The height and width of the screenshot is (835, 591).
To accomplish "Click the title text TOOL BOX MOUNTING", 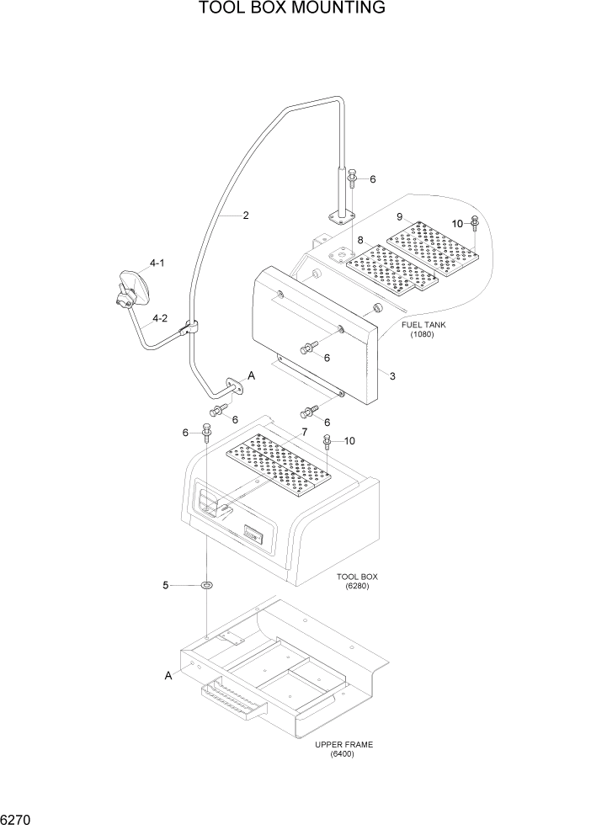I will pyautogui.click(x=292, y=8).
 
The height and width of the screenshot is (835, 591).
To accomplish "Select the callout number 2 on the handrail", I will pyautogui.click(x=245, y=215).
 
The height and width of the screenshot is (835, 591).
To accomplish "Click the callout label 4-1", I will pyautogui.click(x=157, y=263).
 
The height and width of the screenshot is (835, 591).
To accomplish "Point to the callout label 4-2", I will pyautogui.click(x=159, y=318).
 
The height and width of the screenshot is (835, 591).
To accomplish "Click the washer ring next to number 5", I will pyautogui.click(x=206, y=585).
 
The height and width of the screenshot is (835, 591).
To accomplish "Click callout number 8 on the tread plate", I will pyautogui.click(x=360, y=241).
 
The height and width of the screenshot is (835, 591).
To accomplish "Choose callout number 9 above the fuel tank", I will pyautogui.click(x=401, y=216).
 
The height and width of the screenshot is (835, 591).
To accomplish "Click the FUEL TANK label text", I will pyautogui.click(x=423, y=324).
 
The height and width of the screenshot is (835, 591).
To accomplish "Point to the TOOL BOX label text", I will pyautogui.click(x=357, y=577).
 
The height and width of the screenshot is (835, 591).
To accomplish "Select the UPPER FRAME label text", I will pyautogui.click(x=343, y=744).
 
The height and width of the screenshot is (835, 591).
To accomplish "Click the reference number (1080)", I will pyautogui.click(x=423, y=334).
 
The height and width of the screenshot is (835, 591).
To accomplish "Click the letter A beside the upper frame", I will pyautogui.click(x=168, y=675).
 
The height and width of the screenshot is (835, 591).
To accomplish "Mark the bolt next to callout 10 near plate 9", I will pyautogui.click(x=475, y=224).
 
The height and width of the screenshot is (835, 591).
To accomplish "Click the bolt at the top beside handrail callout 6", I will pyautogui.click(x=352, y=178).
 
